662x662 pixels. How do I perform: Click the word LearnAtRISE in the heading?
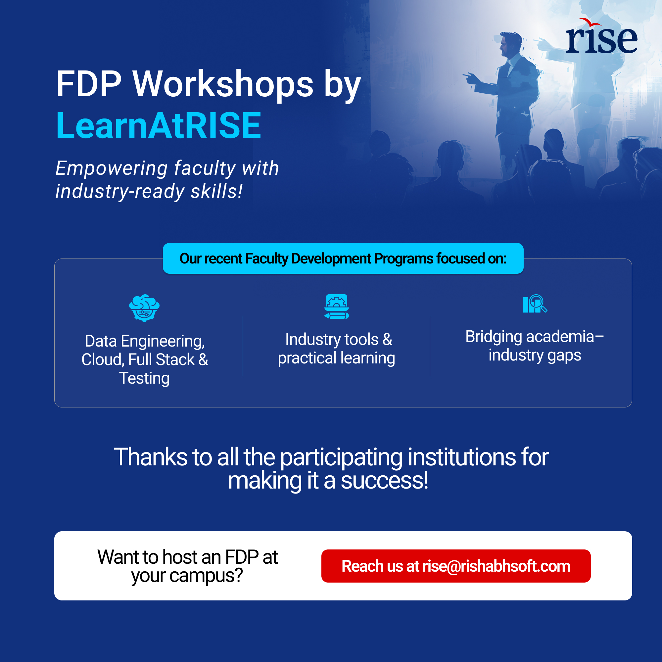(159, 126)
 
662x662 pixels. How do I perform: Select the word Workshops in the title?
(223, 84)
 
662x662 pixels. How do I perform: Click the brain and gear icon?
(144, 308)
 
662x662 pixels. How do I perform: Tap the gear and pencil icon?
(337, 306)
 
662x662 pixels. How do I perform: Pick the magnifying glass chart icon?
(535, 304)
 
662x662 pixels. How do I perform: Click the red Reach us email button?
(456, 566)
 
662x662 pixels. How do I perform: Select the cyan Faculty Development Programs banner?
(343, 259)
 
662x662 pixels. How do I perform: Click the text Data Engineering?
(145, 341)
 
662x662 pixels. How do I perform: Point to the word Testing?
(144, 379)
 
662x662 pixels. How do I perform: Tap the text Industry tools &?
(339, 340)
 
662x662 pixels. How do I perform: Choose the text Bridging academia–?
(535, 337)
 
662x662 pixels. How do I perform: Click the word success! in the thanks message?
(384, 480)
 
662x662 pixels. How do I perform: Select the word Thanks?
(151, 457)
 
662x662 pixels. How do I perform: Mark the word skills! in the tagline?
(217, 191)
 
